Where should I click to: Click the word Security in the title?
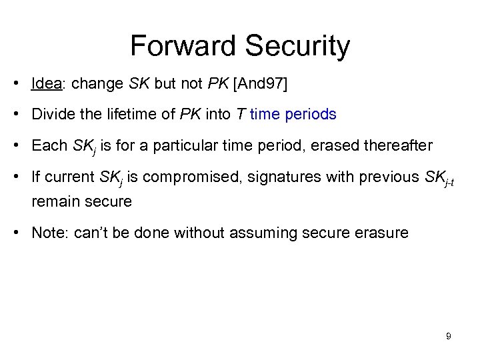(x=297, y=46)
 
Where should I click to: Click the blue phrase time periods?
(x=293, y=115)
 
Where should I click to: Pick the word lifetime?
(x=135, y=115)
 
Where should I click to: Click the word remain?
(x=55, y=201)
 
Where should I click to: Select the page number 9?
(x=449, y=336)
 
